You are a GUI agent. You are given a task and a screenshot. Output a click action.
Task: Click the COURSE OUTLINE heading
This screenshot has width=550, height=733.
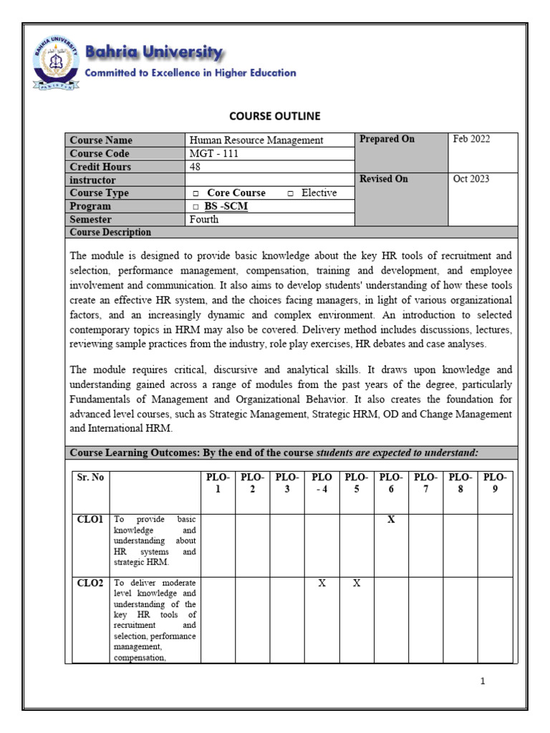[x=274, y=116]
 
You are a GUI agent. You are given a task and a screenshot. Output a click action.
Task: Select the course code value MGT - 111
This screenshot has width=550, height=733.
[x=214, y=153]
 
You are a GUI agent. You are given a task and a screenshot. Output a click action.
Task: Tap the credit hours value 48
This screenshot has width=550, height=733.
[x=196, y=167]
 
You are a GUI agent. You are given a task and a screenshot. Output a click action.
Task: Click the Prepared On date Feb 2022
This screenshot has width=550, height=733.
[x=471, y=140]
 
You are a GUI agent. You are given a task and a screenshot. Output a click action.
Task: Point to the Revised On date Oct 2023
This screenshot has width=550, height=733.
[x=471, y=179]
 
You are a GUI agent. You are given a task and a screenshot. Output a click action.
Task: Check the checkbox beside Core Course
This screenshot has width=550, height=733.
[x=196, y=194]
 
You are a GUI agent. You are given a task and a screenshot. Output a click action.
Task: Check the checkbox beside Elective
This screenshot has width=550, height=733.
[x=290, y=194]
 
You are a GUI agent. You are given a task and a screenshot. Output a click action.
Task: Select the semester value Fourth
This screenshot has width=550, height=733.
[x=204, y=220]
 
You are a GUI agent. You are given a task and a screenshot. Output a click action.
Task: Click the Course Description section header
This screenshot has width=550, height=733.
[x=110, y=233]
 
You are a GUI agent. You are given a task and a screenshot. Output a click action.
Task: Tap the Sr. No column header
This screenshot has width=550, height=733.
[x=90, y=477]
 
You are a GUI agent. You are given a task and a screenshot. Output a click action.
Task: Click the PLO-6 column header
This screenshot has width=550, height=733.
[x=391, y=483]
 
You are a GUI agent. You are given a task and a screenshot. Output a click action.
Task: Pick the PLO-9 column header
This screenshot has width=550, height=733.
[x=495, y=483]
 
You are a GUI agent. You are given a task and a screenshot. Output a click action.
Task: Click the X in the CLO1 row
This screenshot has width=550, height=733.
[x=391, y=520]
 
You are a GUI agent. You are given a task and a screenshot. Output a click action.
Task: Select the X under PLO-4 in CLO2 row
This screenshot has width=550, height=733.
[x=322, y=583]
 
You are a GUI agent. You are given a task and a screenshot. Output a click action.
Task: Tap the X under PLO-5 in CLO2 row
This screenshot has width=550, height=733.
[x=356, y=583]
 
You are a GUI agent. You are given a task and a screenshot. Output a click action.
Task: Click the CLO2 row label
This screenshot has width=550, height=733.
[x=90, y=583]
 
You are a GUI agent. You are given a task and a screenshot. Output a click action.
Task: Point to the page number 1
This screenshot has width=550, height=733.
[x=483, y=681]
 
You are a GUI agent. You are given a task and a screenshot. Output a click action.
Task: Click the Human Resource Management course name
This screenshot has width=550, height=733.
[x=256, y=140]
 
